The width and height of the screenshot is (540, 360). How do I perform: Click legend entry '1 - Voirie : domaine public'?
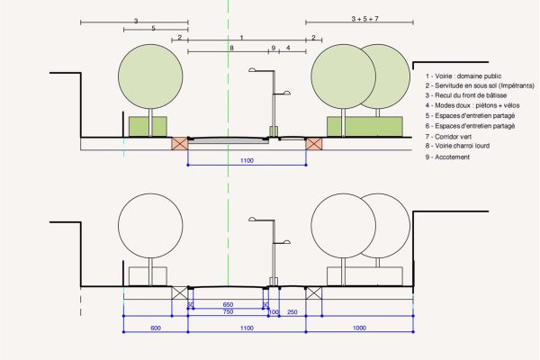tap(463, 76)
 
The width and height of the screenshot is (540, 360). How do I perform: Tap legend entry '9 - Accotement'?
tap(447, 157)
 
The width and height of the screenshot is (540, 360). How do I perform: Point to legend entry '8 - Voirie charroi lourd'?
tap(457, 146)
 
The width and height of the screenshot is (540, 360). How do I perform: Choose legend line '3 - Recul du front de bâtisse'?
tap(466, 95)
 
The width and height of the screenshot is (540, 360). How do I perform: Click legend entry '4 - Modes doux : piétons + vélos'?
tap(472, 105)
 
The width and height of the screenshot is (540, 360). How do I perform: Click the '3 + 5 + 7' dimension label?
tap(364, 19)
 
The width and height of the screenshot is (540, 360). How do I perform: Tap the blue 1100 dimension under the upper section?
tap(247, 160)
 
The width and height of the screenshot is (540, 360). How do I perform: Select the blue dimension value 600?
tap(156, 328)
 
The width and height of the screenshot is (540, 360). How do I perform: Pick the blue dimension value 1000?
tap(359, 328)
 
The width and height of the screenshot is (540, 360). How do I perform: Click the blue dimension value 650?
tap(228, 304)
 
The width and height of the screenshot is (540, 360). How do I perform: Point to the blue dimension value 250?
tap(292, 312)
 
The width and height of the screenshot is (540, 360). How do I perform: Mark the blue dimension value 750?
tap(228, 311)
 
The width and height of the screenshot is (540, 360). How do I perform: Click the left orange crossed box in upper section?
tap(180, 143)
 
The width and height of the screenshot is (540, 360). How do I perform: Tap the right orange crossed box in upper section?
tap(314, 144)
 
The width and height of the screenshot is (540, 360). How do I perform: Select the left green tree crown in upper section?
tap(150, 76)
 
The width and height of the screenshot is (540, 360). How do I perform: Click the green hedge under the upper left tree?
tap(148, 126)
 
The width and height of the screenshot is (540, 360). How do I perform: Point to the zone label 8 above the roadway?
tap(231, 48)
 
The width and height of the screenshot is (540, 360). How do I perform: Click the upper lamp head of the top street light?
tap(252, 70)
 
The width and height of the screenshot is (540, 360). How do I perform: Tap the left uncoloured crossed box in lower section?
tap(180, 292)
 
